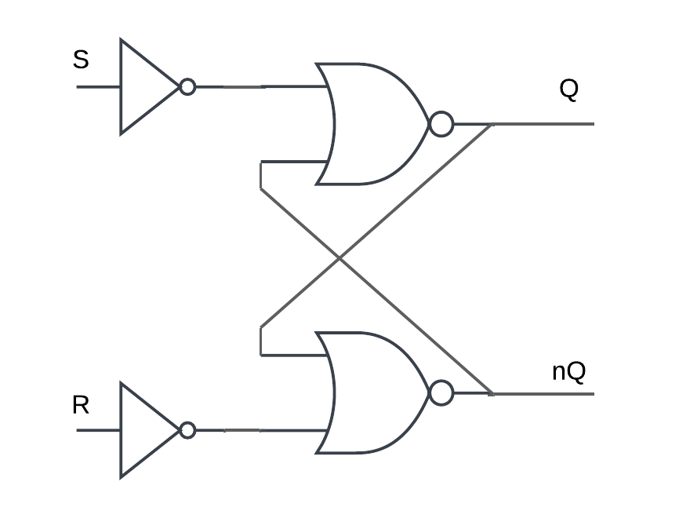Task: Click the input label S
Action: (x=81, y=60)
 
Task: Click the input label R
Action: (x=81, y=405)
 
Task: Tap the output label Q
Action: (x=568, y=89)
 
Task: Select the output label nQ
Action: (x=568, y=370)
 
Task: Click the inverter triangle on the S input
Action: (x=144, y=86)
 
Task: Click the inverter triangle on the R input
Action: (x=144, y=430)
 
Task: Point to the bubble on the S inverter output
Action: (x=187, y=86)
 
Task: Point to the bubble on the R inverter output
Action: (x=187, y=430)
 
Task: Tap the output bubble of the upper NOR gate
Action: (x=441, y=124)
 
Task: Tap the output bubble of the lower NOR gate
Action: (x=441, y=392)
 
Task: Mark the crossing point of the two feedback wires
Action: (x=339, y=257)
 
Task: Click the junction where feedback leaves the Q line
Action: (x=492, y=124)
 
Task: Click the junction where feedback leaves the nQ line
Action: (x=492, y=392)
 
